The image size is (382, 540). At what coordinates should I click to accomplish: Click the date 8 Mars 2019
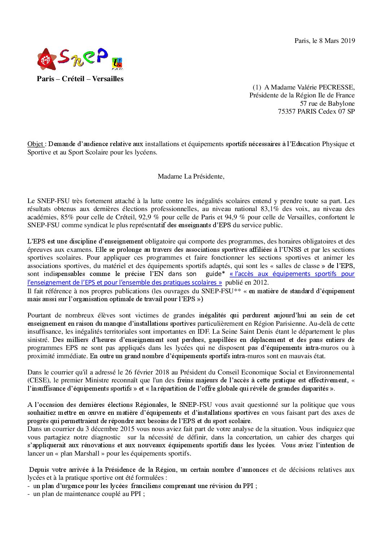337,41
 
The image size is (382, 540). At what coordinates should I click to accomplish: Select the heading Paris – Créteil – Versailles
80,79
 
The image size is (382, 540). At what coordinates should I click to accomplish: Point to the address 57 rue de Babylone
327,104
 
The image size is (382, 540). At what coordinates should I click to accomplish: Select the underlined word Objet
35,144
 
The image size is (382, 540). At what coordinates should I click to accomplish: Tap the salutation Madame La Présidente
191,177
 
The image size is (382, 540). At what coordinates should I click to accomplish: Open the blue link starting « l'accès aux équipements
292,274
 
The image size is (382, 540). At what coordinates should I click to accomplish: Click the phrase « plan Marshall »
80,453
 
